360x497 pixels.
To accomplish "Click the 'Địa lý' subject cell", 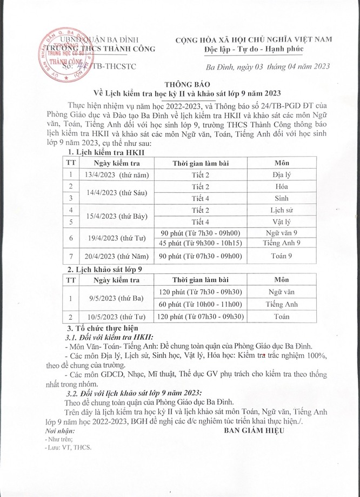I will (282, 174).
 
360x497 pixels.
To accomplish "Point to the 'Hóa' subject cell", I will (282, 186).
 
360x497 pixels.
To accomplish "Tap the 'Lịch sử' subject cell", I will (282, 210).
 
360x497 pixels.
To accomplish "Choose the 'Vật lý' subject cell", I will (282, 221).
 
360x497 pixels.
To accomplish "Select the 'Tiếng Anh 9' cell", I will (282, 243).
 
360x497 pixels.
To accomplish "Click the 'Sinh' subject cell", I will (282, 198).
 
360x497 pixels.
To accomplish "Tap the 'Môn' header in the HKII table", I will (282, 162).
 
